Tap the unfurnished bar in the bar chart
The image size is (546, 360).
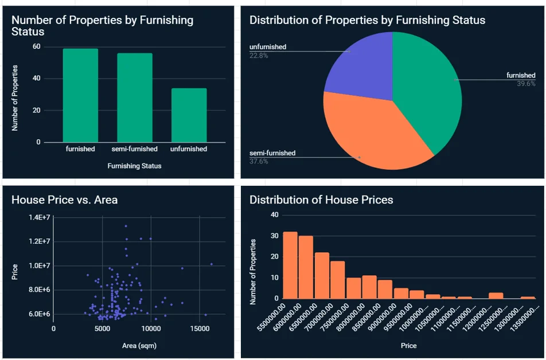pyautogui.click(x=189, y=115)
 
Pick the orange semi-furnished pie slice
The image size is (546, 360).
pyautogui.click(x=367, y=135)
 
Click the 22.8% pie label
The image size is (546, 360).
pyautogui.click(x=259, y=56)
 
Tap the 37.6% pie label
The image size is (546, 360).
pyautogui.click(x=259, y=162)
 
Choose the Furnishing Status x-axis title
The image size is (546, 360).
pyautogui.click(x=135, y=166)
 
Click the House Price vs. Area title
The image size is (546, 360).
pyautogui.click(x=65, y=200)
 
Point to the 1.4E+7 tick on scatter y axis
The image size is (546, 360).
pyautogui.click(x=39, y=217)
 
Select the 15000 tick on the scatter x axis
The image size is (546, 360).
pyautogui.click(x=199, y=329)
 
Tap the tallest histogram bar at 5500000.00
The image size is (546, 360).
pyautogui.click(x=290, y=265)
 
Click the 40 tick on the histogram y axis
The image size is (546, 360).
pyautogui.click(x=274, y=215)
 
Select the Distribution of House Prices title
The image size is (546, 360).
pyautogui.click(x=321, y=200)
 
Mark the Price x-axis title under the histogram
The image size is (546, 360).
pyautogui.click(x=408, y=346)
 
